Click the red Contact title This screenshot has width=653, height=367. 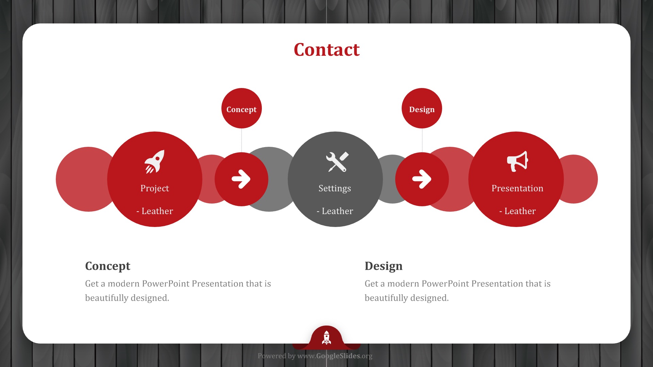[326, 50]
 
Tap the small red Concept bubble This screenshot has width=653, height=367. [241, 108]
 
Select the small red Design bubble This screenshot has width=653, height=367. [422, 108]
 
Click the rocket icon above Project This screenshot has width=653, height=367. [154, 162]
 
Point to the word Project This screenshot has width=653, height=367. [155, 189]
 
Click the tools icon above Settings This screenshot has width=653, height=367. [337, 162]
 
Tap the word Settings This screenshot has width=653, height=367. [335, 189]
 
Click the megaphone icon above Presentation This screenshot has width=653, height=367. [517, 161]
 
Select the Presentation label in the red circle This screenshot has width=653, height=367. [517, 188]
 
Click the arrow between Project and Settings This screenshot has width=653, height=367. [241, 179]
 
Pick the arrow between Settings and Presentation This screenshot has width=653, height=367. [422, 179]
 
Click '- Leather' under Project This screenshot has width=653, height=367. [155, 211]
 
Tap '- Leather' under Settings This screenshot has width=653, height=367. [335, 211]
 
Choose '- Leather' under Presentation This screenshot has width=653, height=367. [517, 211]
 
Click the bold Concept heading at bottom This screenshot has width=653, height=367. [107, 266]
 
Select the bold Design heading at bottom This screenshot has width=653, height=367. [383, 266]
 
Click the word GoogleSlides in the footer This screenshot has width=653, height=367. [338, 356]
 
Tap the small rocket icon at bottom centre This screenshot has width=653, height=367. [326, 337]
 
